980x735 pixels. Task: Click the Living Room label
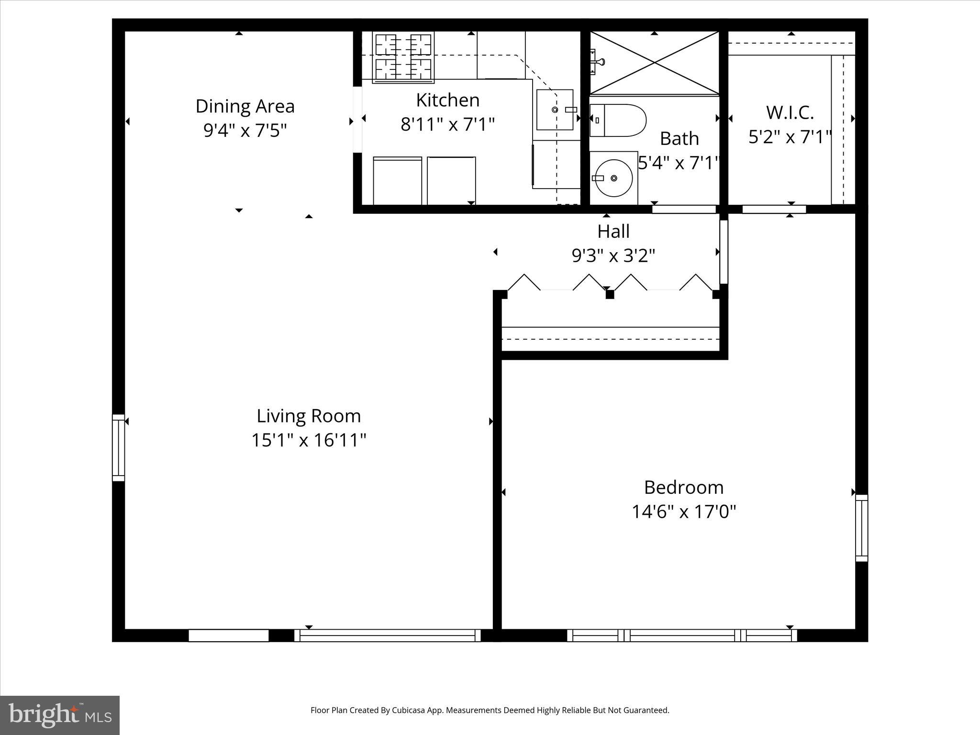309,416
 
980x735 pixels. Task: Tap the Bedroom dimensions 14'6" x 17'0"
683,512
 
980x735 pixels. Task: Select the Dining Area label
245,106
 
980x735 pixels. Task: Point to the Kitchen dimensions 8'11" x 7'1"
447,124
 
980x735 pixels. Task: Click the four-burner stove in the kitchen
403,57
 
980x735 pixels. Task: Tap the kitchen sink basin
554,110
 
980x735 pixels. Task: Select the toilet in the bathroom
617,121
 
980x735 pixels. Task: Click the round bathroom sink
613,178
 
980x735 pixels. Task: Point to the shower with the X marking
654,63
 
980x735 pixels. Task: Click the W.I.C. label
790,112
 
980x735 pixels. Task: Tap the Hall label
613,232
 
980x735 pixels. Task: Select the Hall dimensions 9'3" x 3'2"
613,256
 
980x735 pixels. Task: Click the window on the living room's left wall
118,447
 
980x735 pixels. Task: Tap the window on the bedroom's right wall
861,528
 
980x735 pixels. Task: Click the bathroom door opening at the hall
684,209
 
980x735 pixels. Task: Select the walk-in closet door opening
774,209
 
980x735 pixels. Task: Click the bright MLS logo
60,715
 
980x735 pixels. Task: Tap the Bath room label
679,139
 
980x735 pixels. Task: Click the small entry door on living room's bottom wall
228,635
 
